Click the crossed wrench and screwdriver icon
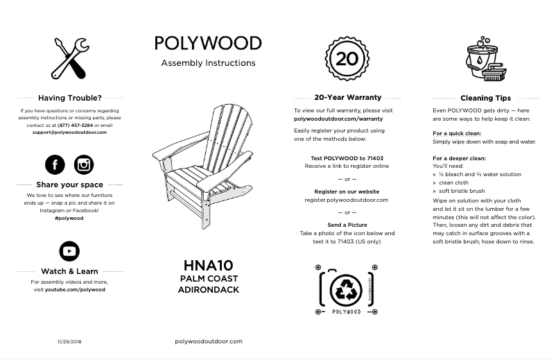(69, 58)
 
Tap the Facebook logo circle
(55, 164)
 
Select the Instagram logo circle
(84, 164)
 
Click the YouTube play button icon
(69, 250)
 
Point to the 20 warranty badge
(347, 58)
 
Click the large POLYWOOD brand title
(208, 43)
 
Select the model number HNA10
(208, 265)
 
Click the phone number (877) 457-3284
(71, 126)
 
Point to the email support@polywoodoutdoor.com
(69, 132)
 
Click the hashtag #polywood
(69, 218)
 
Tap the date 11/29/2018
(69, 342)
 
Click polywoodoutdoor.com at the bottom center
(208, 341)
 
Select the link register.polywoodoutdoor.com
(347, 200)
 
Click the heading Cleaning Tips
(485, 98)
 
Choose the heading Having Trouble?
(69, 98)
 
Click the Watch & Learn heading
(69, 271)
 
